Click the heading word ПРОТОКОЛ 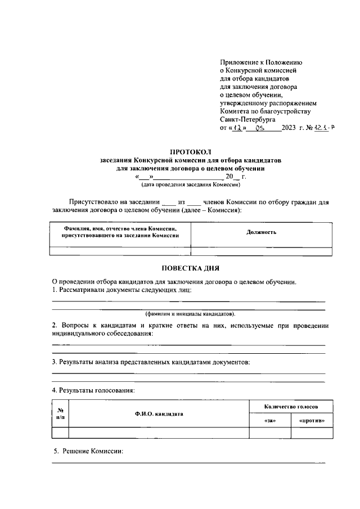[191, 152]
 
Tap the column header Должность [261, 232]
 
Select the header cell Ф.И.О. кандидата [159, 413]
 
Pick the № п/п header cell [60, 413]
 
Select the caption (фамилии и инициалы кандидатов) [190, 313]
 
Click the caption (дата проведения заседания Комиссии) [190, 184]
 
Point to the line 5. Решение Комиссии [88, 451]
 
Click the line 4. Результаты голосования [93, 390]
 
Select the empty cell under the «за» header [269, 433]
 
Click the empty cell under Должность [261, 251]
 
